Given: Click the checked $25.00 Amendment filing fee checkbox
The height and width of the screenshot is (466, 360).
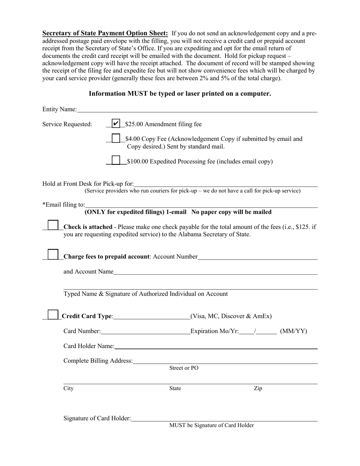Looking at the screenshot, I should [x=116, y=124].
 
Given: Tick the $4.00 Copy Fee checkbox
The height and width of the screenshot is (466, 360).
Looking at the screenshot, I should [x=116, y=139].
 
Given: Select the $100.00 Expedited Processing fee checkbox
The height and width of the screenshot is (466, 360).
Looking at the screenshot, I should [x=116, y=161].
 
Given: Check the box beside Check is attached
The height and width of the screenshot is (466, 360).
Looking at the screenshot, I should [x=53, y=225].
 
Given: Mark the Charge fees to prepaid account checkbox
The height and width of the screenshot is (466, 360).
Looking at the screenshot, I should [x=53, y=254].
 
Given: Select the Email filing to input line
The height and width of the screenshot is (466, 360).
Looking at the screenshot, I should [x=201, y=205].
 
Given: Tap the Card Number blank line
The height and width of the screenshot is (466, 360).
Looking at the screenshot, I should [x=146, y=332].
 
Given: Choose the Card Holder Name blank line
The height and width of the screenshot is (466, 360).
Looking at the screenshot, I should [x=216, y=346].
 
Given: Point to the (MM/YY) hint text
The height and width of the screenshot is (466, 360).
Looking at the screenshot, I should [x=293, y=332].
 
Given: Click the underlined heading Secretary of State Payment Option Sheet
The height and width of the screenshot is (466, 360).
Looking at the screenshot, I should [x=105, y=33].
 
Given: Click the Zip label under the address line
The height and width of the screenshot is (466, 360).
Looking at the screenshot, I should [x=258, y=388].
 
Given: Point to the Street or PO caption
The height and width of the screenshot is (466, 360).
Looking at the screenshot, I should [x=184, y=368].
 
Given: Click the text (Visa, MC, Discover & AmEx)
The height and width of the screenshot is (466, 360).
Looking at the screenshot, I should [x=231, y=316].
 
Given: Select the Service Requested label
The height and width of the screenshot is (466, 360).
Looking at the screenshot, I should [x=67, y=124].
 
